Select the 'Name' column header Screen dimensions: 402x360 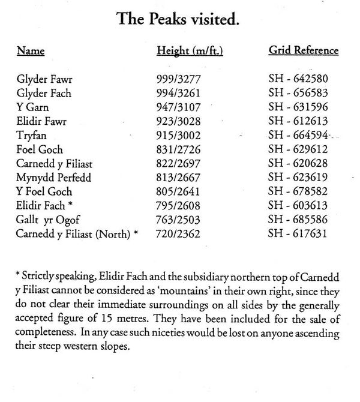[x=31, y=51]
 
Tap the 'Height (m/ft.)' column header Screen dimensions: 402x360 [x=190, y=51]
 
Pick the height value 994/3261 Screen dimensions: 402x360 [x=177, y=94]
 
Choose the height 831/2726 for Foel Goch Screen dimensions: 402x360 [x=177, y=149]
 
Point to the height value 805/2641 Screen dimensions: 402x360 [x=177, y=191]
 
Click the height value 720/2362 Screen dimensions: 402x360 [x=177, y=233]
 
